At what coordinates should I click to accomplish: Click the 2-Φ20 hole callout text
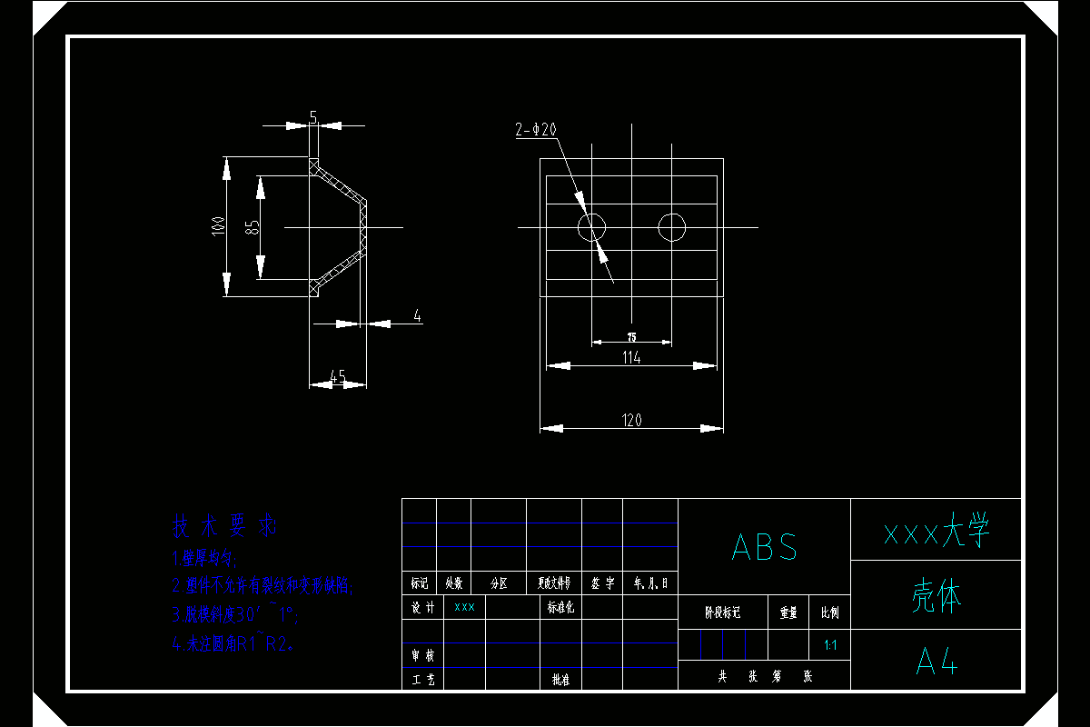(x=536, y=130)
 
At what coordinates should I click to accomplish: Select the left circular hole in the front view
(x=592, y=226)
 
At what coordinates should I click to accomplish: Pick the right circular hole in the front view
(x=672, y=226)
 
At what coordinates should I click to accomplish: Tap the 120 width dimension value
(x=631, y=420)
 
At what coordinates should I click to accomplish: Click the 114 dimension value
(x=631, y=358)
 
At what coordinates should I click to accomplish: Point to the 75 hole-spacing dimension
(x=632, y=336)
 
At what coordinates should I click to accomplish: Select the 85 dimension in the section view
(x=253, y=226)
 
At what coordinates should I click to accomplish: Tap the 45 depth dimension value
(x=337, y=376)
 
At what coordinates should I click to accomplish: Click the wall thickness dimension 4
(x=417, y=316)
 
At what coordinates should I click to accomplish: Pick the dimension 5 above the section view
(x=313, y=117)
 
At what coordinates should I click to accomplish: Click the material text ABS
(x=765, y=547)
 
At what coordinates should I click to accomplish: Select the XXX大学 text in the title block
(x=936, y=532)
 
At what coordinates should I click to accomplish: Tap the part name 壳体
(x=936, y=596)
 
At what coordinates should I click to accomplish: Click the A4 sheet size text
(x=936, y=662)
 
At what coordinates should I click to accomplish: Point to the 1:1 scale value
(x=829, y=645)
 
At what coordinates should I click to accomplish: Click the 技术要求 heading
(x=224, y=525)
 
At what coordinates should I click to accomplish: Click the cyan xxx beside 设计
(x=464, y=607)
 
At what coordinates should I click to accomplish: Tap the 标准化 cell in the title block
(x=560, y=607)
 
